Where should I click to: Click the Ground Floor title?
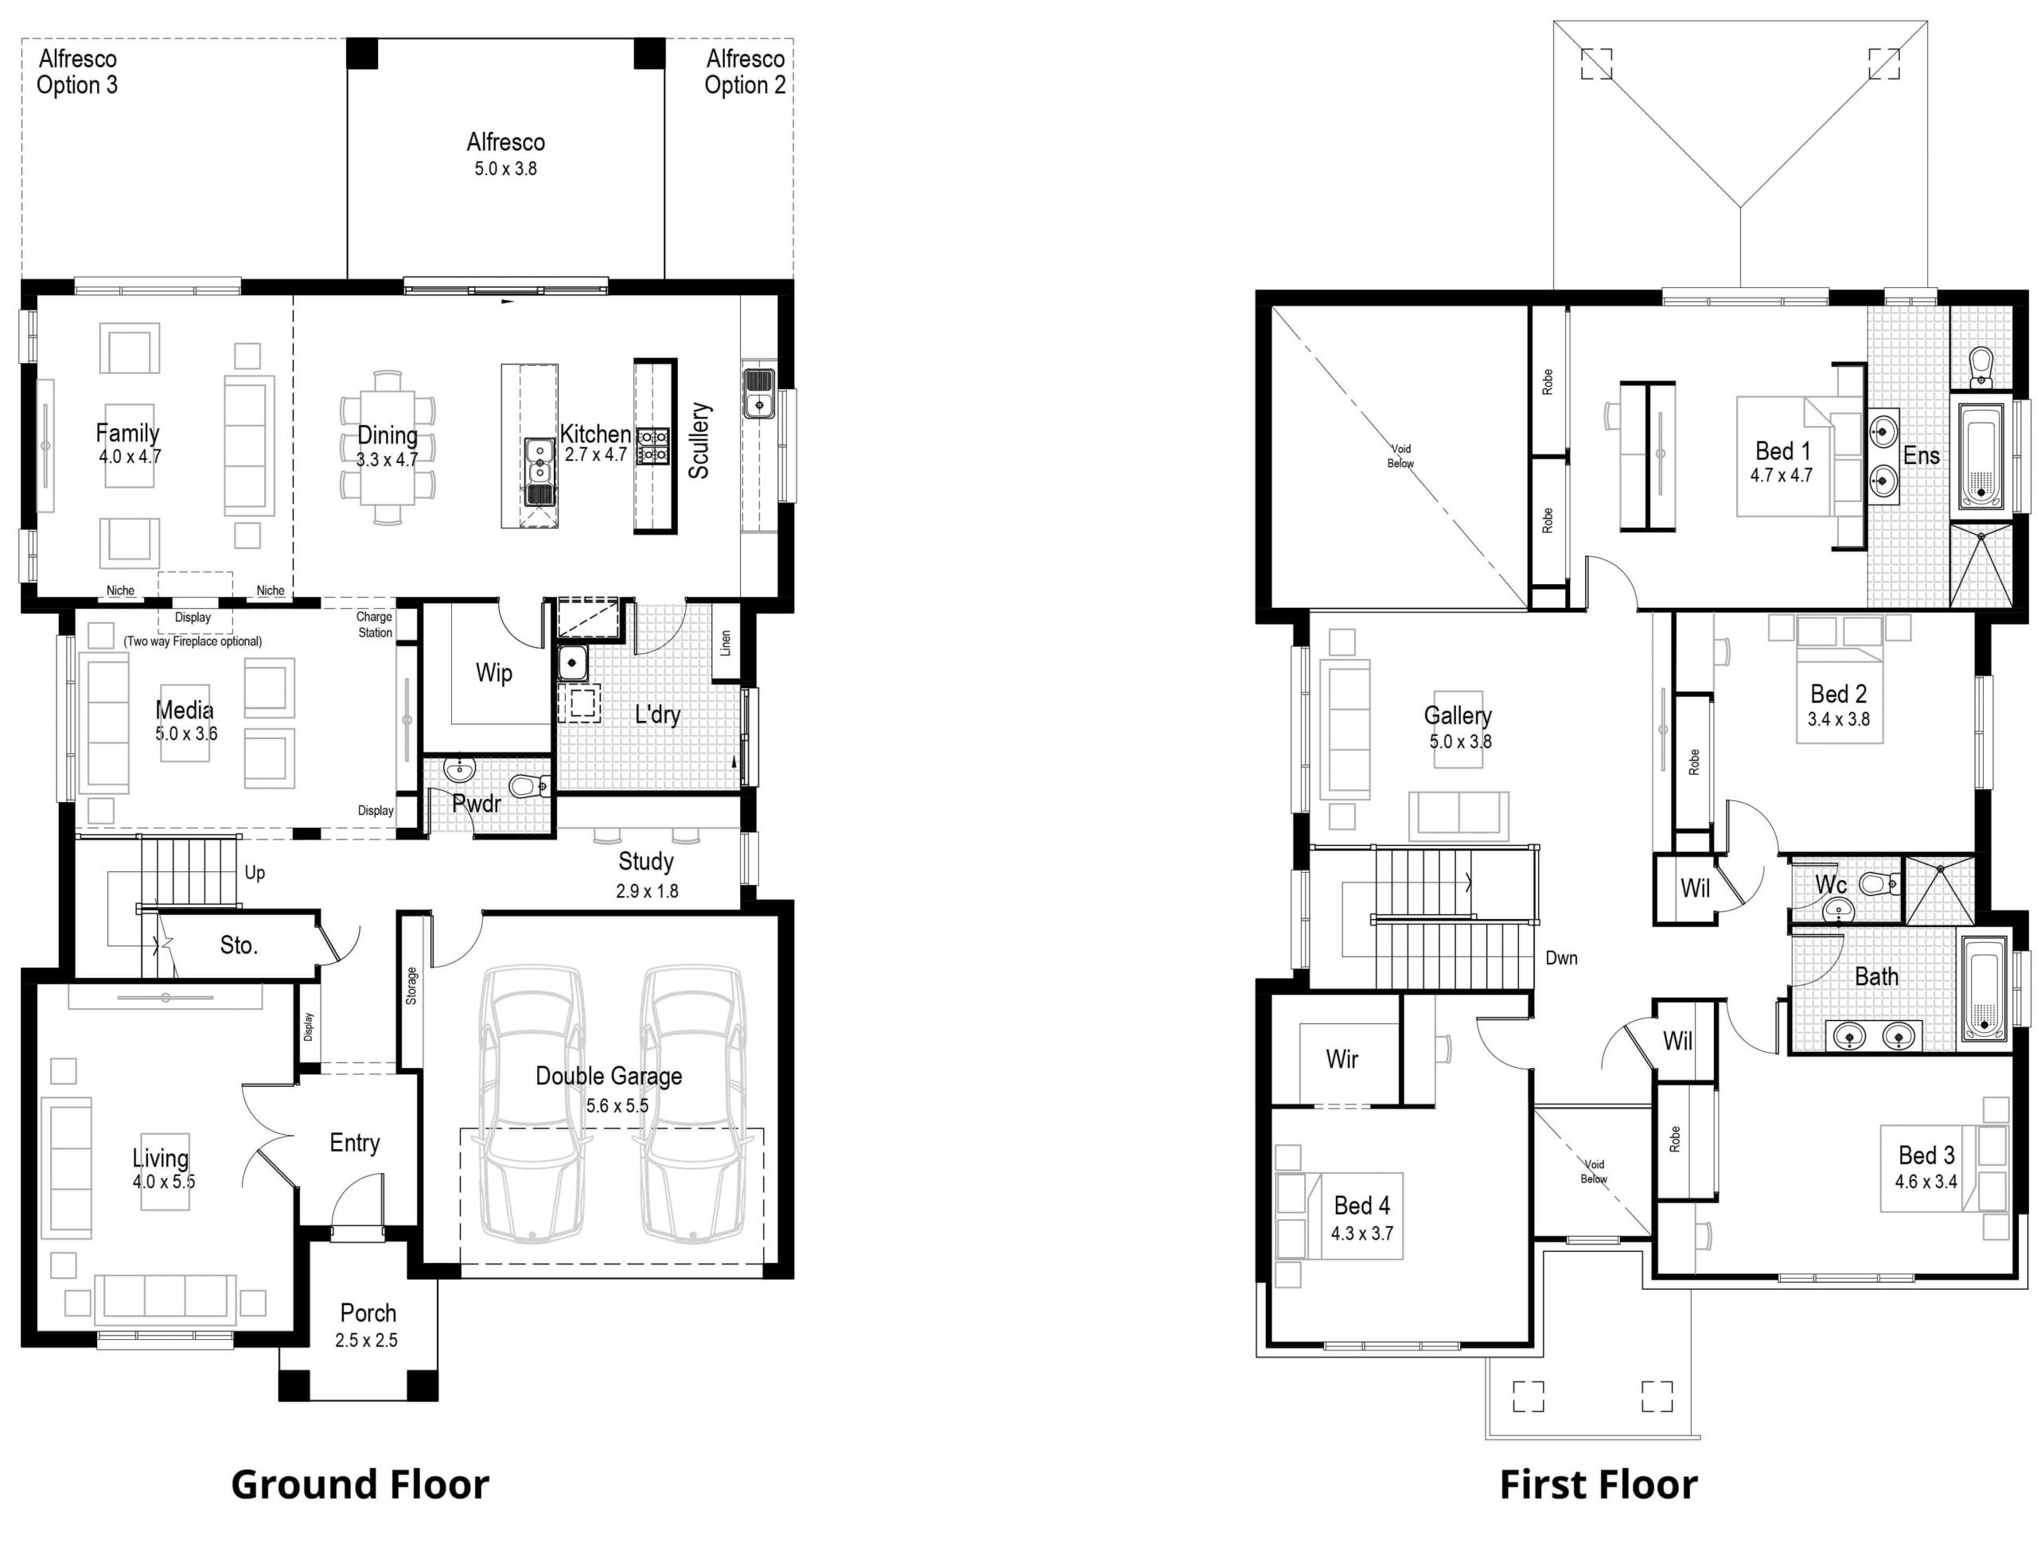pos(359,1484)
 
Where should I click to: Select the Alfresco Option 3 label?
pos(77,72)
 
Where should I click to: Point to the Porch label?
pos(368,1313)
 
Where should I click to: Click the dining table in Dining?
pos(388,448)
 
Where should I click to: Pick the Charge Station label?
pos(375,624)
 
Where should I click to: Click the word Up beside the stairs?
pos(254,872)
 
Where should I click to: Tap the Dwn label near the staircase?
pos(1561,958)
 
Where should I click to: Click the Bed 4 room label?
pos(1361,1205)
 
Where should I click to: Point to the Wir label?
pos(1342,1058)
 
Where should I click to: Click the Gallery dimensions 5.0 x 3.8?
pos(1459,741)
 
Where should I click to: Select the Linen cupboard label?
pos(725,642)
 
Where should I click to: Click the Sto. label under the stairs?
pos(238,945)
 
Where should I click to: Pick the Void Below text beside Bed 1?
pos(1400,456)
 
